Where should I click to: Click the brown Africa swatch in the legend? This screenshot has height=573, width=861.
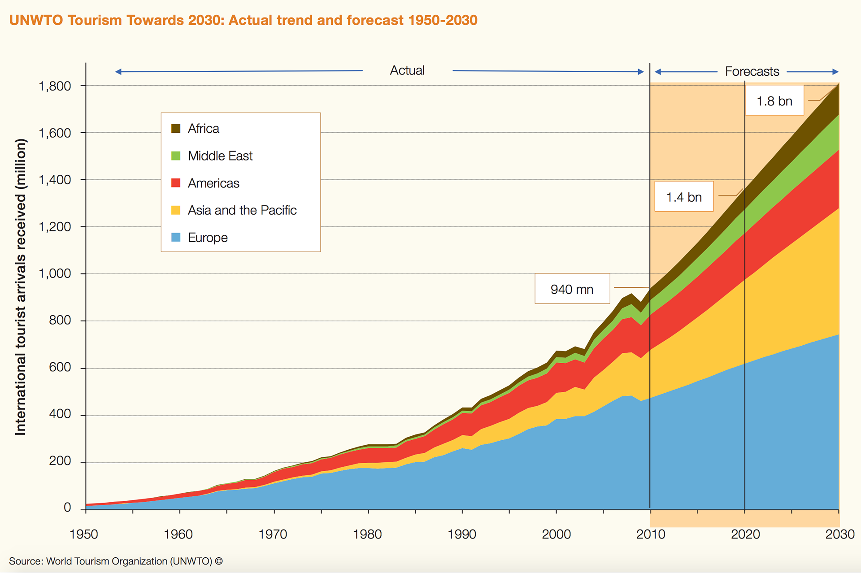pos(176,129)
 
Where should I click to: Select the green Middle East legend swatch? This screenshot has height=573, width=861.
pos(176,156)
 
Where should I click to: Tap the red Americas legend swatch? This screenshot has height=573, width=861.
pos(176,183)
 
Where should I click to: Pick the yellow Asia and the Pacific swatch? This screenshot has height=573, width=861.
pos(176,210)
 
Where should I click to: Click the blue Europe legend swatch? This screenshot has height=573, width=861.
pos(176,237)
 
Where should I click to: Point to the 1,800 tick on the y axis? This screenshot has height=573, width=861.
pos(55,86)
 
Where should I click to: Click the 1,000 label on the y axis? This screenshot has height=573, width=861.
pos(55,273)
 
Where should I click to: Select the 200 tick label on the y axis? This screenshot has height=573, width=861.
pos(60,461)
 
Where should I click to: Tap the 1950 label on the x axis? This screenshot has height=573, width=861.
pos(84,534)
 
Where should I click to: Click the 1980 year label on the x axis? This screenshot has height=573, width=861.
pos(367,534)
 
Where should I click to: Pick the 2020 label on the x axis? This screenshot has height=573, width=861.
pos(745,534)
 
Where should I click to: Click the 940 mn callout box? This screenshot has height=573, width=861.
pos(572,289)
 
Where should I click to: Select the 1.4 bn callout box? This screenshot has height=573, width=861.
pos(683,197)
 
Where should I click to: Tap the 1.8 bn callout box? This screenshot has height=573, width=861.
pos(774,101)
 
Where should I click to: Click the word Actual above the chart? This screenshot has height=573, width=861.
pos(407,70)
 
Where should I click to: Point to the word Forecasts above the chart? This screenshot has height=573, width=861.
pos(752,72)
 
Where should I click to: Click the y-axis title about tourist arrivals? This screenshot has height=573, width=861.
pos(21,287)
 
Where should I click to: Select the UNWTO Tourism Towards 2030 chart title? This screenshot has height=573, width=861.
pos(243,20)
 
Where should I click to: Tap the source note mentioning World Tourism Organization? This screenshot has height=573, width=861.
pos(116,561)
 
